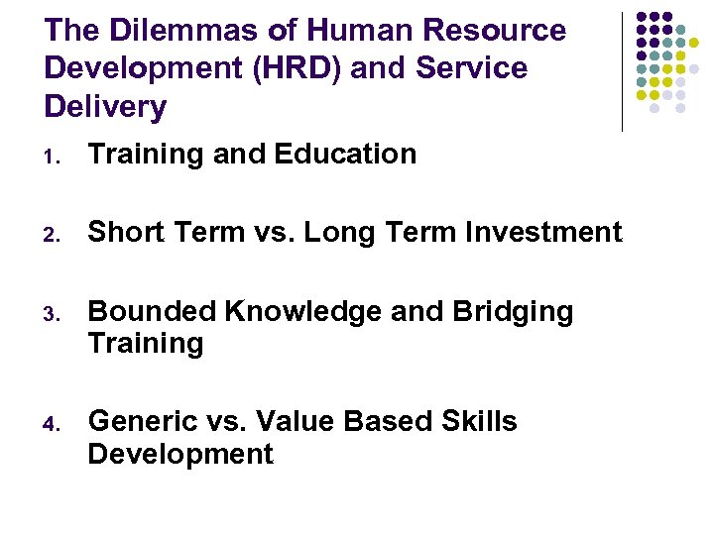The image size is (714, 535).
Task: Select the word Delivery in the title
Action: tap(105, 106)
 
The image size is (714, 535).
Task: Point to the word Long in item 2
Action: tap(337, 233)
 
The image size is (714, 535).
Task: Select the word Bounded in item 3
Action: tap(152, 312)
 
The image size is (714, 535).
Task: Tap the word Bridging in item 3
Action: tap(514, 312)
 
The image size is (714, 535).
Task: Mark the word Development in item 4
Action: tap(180, 454)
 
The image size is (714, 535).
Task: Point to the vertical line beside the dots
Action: tap(622, 71)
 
